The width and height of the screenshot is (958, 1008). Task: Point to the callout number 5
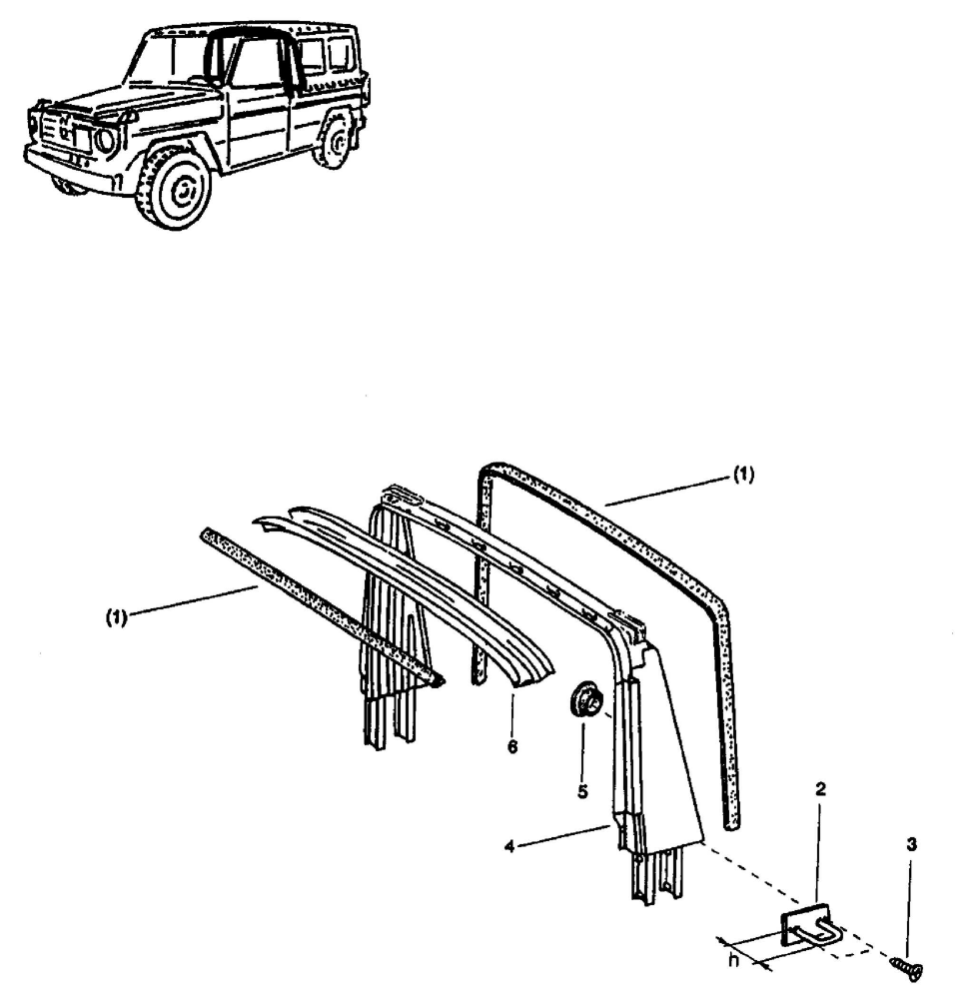pos(582,790)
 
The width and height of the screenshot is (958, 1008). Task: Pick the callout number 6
pos(512,746)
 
